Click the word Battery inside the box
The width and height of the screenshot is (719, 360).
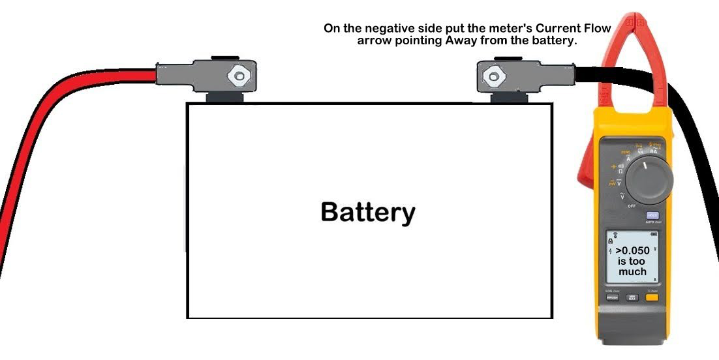click(x=367, y=212)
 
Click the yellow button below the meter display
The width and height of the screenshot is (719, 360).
click(x=651, y=297)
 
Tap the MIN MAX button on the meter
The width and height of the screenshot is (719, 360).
click(x=632, y=297)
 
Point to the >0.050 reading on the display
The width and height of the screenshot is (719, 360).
click(x=632, y=250)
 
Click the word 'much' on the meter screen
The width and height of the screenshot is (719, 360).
click(x=632, y=271)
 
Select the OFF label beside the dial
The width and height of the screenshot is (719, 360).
click(x=631, y=205)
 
